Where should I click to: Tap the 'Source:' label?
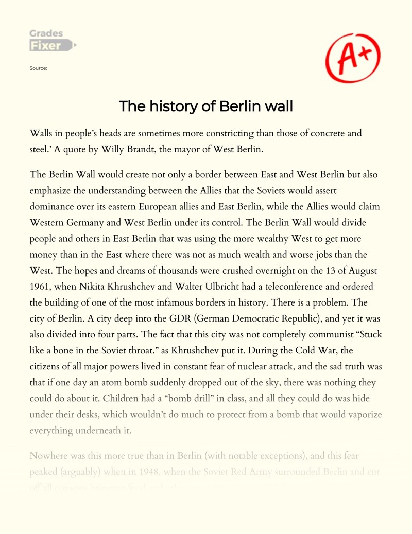click(x=39, y=67)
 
